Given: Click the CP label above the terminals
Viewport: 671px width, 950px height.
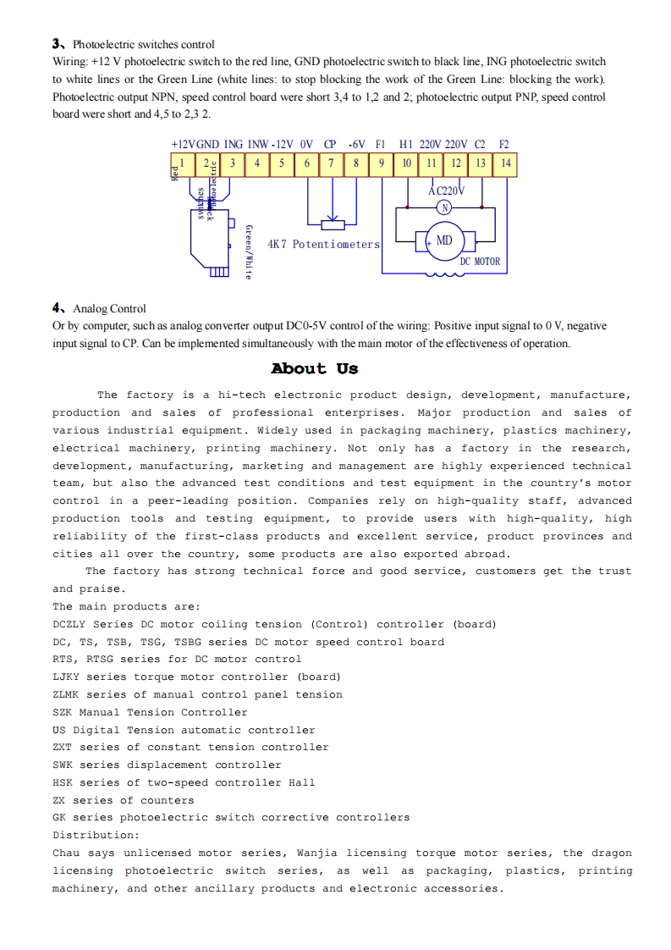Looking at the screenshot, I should tap(330, 145).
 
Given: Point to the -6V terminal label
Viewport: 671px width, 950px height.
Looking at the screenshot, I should tap(356, 145).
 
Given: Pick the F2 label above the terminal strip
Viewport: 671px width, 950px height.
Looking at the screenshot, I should tap(504, 145).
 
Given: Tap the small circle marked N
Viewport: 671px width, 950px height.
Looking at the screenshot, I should tap(445, 207).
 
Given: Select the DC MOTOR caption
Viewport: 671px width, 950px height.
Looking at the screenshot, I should tap(480, 262).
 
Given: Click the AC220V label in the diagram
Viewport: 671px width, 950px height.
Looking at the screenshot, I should tap(446, 191).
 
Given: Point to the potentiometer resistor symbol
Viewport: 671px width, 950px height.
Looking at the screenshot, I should tap(333, 224).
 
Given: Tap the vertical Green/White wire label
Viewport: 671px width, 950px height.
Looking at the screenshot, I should tap(248, 251).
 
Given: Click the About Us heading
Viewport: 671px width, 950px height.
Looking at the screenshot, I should tap(315, 368).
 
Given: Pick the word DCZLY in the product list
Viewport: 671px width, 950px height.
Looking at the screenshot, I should tap(69, 624).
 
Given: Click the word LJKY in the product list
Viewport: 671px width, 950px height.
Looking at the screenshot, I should tap(66, 677).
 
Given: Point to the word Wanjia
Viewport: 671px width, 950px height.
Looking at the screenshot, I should tap(316, 853).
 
